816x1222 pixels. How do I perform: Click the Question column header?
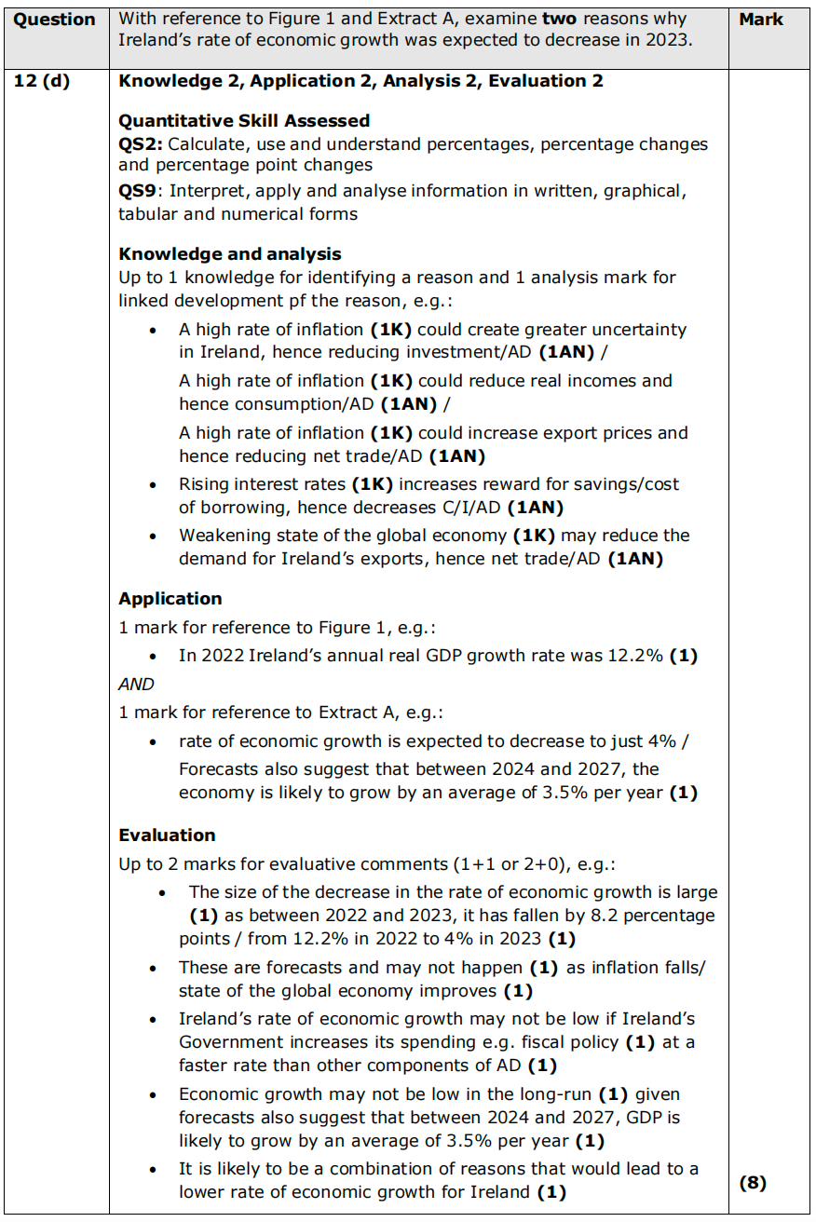click(55, 20)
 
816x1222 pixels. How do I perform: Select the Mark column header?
click(761, 20)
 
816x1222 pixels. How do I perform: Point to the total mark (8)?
click(752, 1183)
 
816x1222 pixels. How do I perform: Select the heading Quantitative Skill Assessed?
click(244, 121)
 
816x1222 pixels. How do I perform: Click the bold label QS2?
click(141, 144)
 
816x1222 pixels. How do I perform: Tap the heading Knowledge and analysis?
click(230, 254)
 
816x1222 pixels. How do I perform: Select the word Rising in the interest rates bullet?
click(204, 484)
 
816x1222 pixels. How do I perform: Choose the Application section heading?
click(170, 599)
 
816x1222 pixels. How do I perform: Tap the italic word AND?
click(136, 685)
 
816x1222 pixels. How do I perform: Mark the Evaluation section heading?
click(167, 835)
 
